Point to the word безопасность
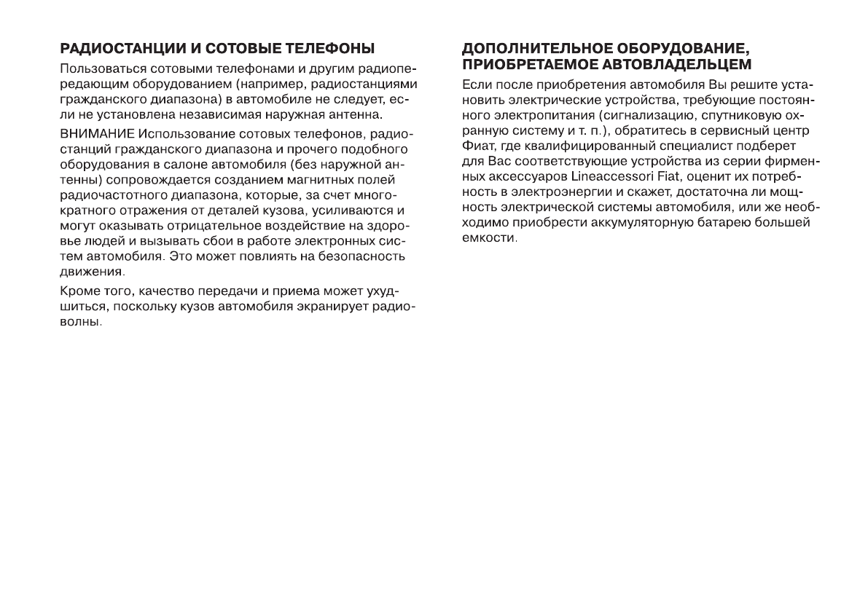pyautogui.click(x=367, y=258)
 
